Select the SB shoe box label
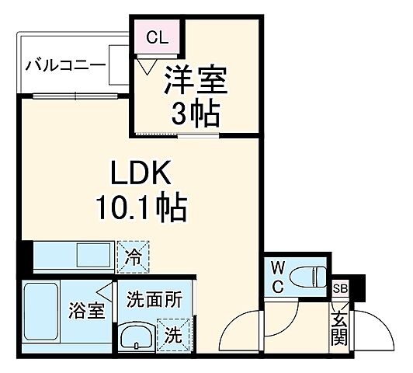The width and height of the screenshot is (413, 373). [340, 288]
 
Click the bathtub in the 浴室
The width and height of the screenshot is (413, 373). [41, 318]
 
